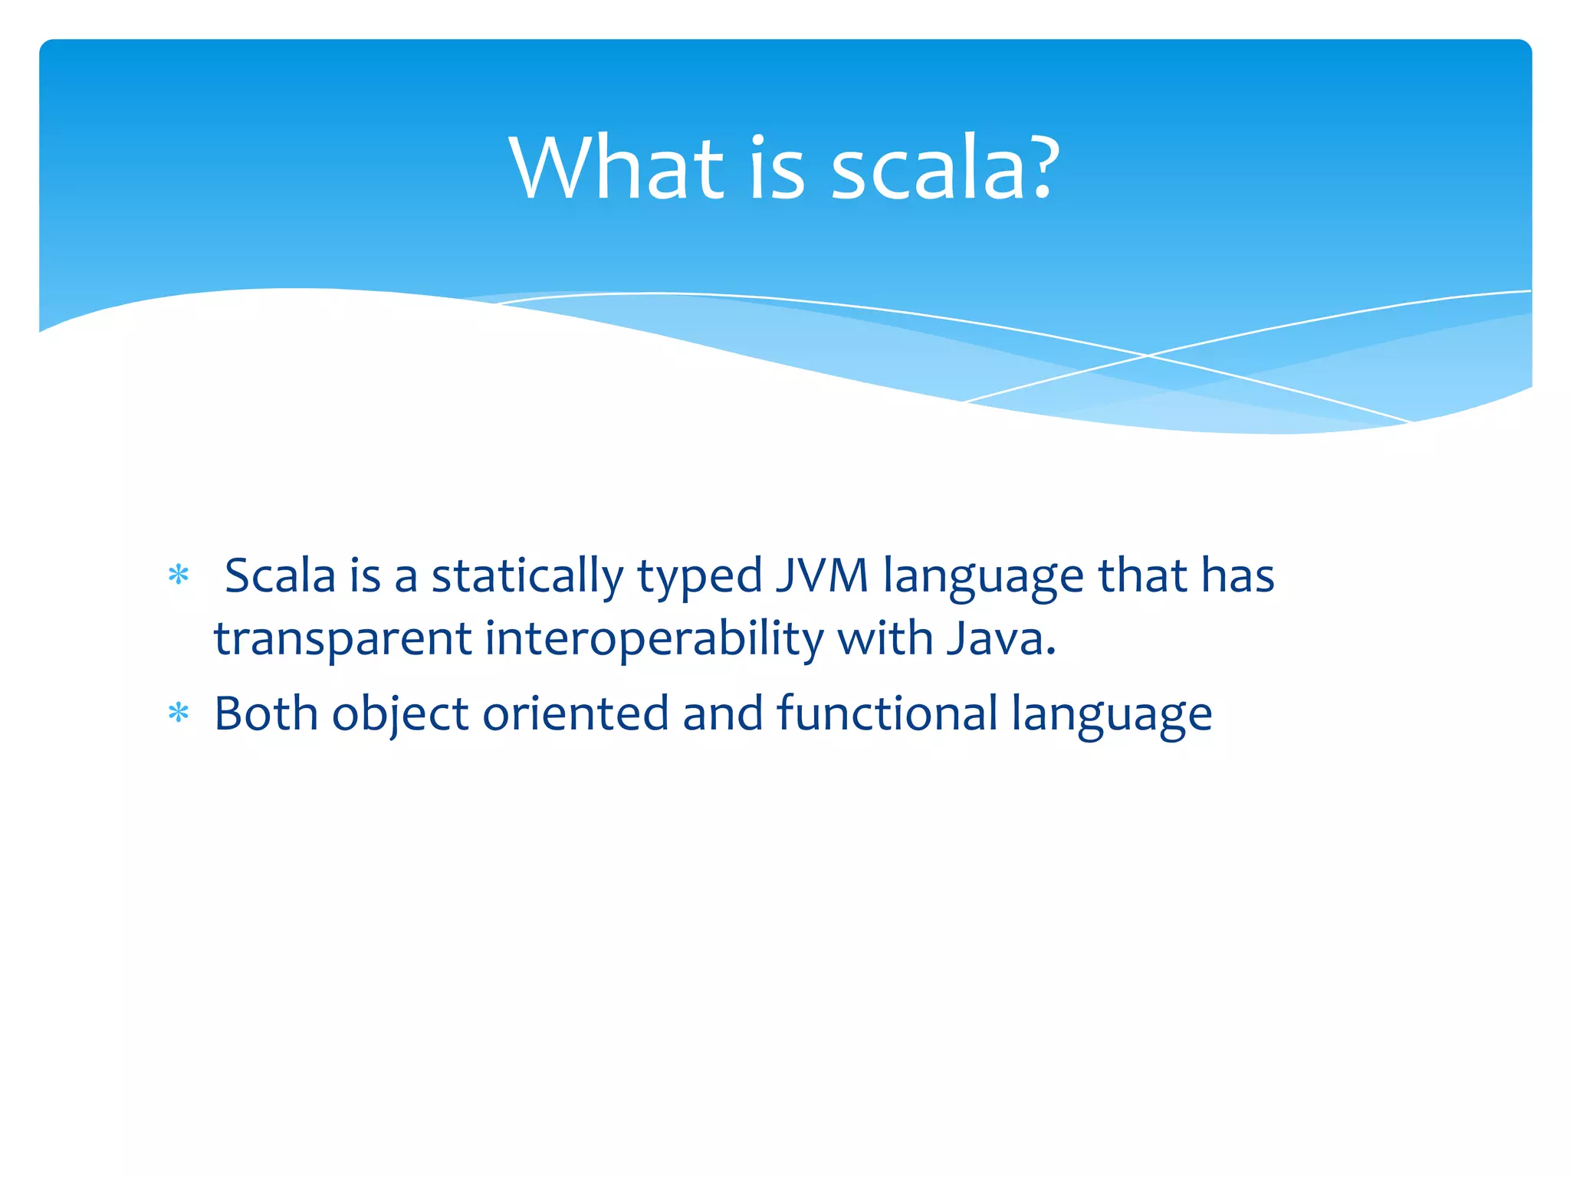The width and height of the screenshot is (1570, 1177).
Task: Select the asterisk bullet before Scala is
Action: (179, 575)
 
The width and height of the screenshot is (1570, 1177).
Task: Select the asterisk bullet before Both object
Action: (179, 714)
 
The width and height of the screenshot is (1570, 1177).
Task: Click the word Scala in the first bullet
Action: (281, 575)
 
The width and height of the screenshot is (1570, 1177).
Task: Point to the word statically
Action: (527, 577)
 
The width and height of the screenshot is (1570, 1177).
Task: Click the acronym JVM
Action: (822, 575)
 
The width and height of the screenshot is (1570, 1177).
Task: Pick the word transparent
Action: (343, 640)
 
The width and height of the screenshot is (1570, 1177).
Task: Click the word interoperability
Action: (654, 640)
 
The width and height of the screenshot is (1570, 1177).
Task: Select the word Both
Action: (266, 713)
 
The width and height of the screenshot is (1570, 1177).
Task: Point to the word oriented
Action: (576, 713)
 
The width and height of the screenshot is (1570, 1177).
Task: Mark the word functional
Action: (887, 713)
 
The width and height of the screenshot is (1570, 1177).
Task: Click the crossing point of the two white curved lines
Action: (1148, 356)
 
